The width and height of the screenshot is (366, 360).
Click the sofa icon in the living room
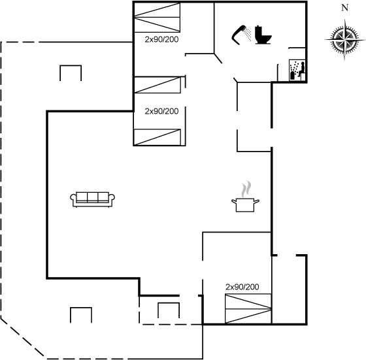(x=92, y=199)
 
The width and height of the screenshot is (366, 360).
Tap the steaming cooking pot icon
(x=245, y=197)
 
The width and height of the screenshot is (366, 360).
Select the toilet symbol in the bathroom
(x=263, y=35)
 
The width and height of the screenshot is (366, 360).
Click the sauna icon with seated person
(x=297, y=70)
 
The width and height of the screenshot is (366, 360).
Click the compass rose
(x=345, y=40)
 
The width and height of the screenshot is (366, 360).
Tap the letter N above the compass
(x=345, y=8)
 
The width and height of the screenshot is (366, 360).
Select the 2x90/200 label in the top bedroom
(x=161, y=39)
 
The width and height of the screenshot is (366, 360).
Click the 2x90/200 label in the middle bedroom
(x=161, y=111)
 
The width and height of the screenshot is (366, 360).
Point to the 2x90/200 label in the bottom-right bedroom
(x=242, y=287)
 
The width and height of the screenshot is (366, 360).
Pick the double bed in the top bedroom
(x=157, y=17)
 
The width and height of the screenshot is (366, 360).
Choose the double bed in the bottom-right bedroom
(x=248, y=309)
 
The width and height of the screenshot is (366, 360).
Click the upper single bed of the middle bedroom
(x=158, y=85)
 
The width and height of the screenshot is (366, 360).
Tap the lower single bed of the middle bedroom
(x=158, y=137)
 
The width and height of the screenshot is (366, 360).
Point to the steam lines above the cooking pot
(x=246, y=189)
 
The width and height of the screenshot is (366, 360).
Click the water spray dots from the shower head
(x=248, y=35)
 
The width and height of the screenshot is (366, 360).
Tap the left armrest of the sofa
(x=73, y=199)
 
